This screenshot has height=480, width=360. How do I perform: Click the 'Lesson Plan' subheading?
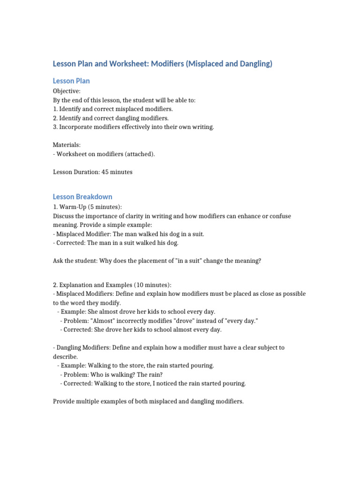pos(71,81)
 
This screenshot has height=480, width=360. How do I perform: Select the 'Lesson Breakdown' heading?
pos(82,197)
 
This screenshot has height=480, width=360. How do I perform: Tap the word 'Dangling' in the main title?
pos(252,64)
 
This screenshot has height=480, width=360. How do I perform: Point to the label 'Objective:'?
pos(67,91)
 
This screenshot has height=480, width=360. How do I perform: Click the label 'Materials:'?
pos(67,145)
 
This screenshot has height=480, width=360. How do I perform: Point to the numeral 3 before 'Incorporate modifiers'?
pos(55,127)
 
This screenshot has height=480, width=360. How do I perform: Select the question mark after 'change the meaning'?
pos(259,261)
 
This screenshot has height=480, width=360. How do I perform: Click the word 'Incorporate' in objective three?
pos(76,127)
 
